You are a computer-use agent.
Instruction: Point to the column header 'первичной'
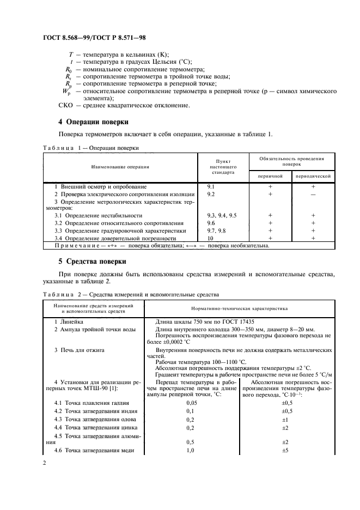pos(270,177)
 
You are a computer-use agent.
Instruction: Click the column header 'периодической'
pos(313,177)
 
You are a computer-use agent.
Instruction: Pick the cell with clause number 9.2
pos(211,193)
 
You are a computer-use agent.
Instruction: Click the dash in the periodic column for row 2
pos(313,194)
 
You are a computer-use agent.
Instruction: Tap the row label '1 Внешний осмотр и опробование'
pos(93,186)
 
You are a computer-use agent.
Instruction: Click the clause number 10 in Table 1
pos(210,238)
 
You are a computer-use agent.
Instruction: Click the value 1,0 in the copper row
pos(191,451)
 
